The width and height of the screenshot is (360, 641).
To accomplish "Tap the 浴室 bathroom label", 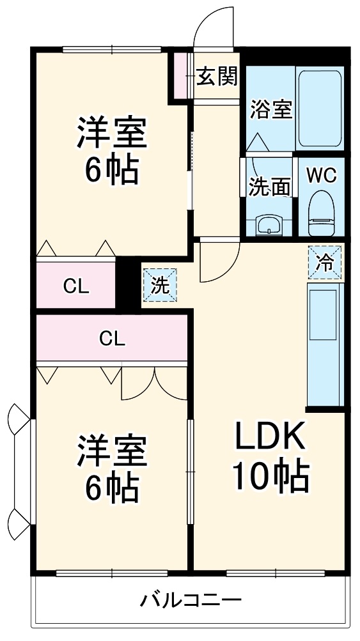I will [270, 109].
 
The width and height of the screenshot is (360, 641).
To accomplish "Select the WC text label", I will [321, 175].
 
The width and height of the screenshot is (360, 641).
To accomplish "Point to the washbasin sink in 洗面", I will [268, 224].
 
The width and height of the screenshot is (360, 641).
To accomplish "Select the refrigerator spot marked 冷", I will [325, 263].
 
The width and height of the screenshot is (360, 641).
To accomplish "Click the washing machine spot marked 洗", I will [160, 286].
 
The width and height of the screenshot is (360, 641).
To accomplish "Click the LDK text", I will [269, 438].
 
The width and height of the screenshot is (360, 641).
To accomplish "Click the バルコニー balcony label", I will [191, 601].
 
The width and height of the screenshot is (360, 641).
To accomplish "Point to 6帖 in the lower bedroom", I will [113, 489].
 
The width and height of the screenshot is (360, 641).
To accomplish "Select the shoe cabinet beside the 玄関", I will [181, 76].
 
